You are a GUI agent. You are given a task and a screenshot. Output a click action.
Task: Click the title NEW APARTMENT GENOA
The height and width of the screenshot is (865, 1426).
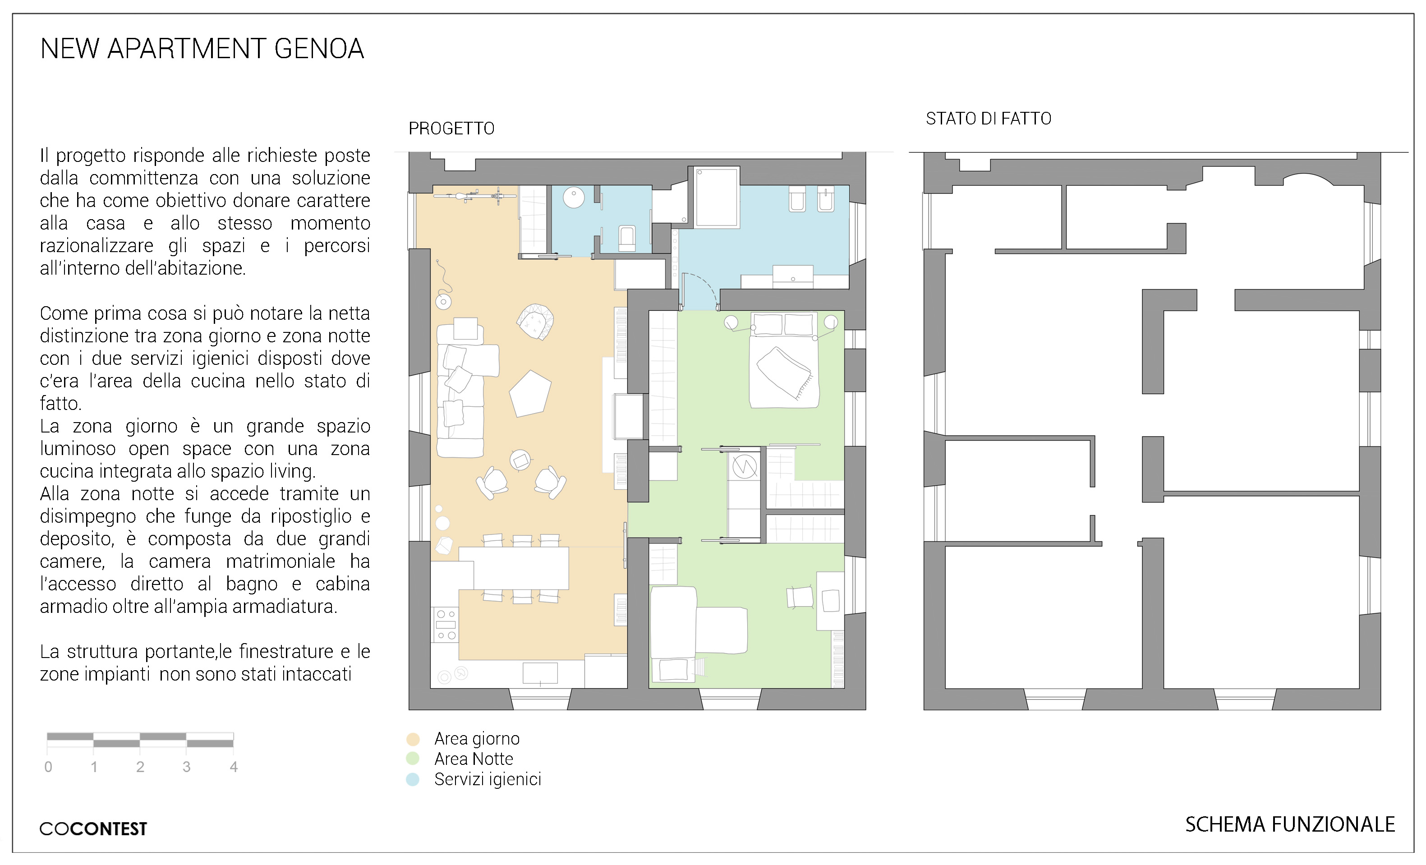[202, 49]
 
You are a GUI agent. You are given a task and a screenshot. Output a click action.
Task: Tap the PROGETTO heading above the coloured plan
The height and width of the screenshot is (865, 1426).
[451, 129]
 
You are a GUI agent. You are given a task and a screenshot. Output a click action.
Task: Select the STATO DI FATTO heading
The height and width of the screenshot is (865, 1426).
[989, 119]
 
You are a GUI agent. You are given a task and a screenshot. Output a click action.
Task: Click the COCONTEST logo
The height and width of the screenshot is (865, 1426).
[93, 828]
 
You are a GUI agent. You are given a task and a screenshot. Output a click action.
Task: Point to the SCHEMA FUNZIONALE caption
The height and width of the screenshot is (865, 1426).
[1290, 824]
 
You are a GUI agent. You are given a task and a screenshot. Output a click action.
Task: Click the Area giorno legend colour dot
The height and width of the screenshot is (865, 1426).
[413, 739]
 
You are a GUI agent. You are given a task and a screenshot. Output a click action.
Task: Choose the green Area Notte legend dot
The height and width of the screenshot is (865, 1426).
[413, 759]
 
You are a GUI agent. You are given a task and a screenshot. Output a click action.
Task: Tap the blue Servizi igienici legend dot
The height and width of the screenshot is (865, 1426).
[413, 779]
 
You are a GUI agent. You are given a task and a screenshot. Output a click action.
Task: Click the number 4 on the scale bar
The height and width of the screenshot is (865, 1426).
[233, 767]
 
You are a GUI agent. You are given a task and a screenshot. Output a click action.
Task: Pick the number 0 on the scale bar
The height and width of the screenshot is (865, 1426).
[49, 767]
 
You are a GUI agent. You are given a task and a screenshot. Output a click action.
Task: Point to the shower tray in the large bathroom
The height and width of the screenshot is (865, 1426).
[717, 197]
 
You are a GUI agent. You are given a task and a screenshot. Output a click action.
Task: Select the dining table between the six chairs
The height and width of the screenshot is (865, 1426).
[514, 568]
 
